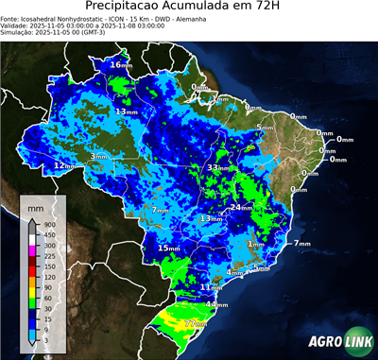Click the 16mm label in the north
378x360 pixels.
121,64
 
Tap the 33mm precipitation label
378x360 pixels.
218,167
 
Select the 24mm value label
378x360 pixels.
241,207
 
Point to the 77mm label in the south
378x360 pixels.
196,323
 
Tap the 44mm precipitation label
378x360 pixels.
216,305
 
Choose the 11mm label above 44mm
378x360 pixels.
211,287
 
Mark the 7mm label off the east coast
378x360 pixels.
301,244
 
